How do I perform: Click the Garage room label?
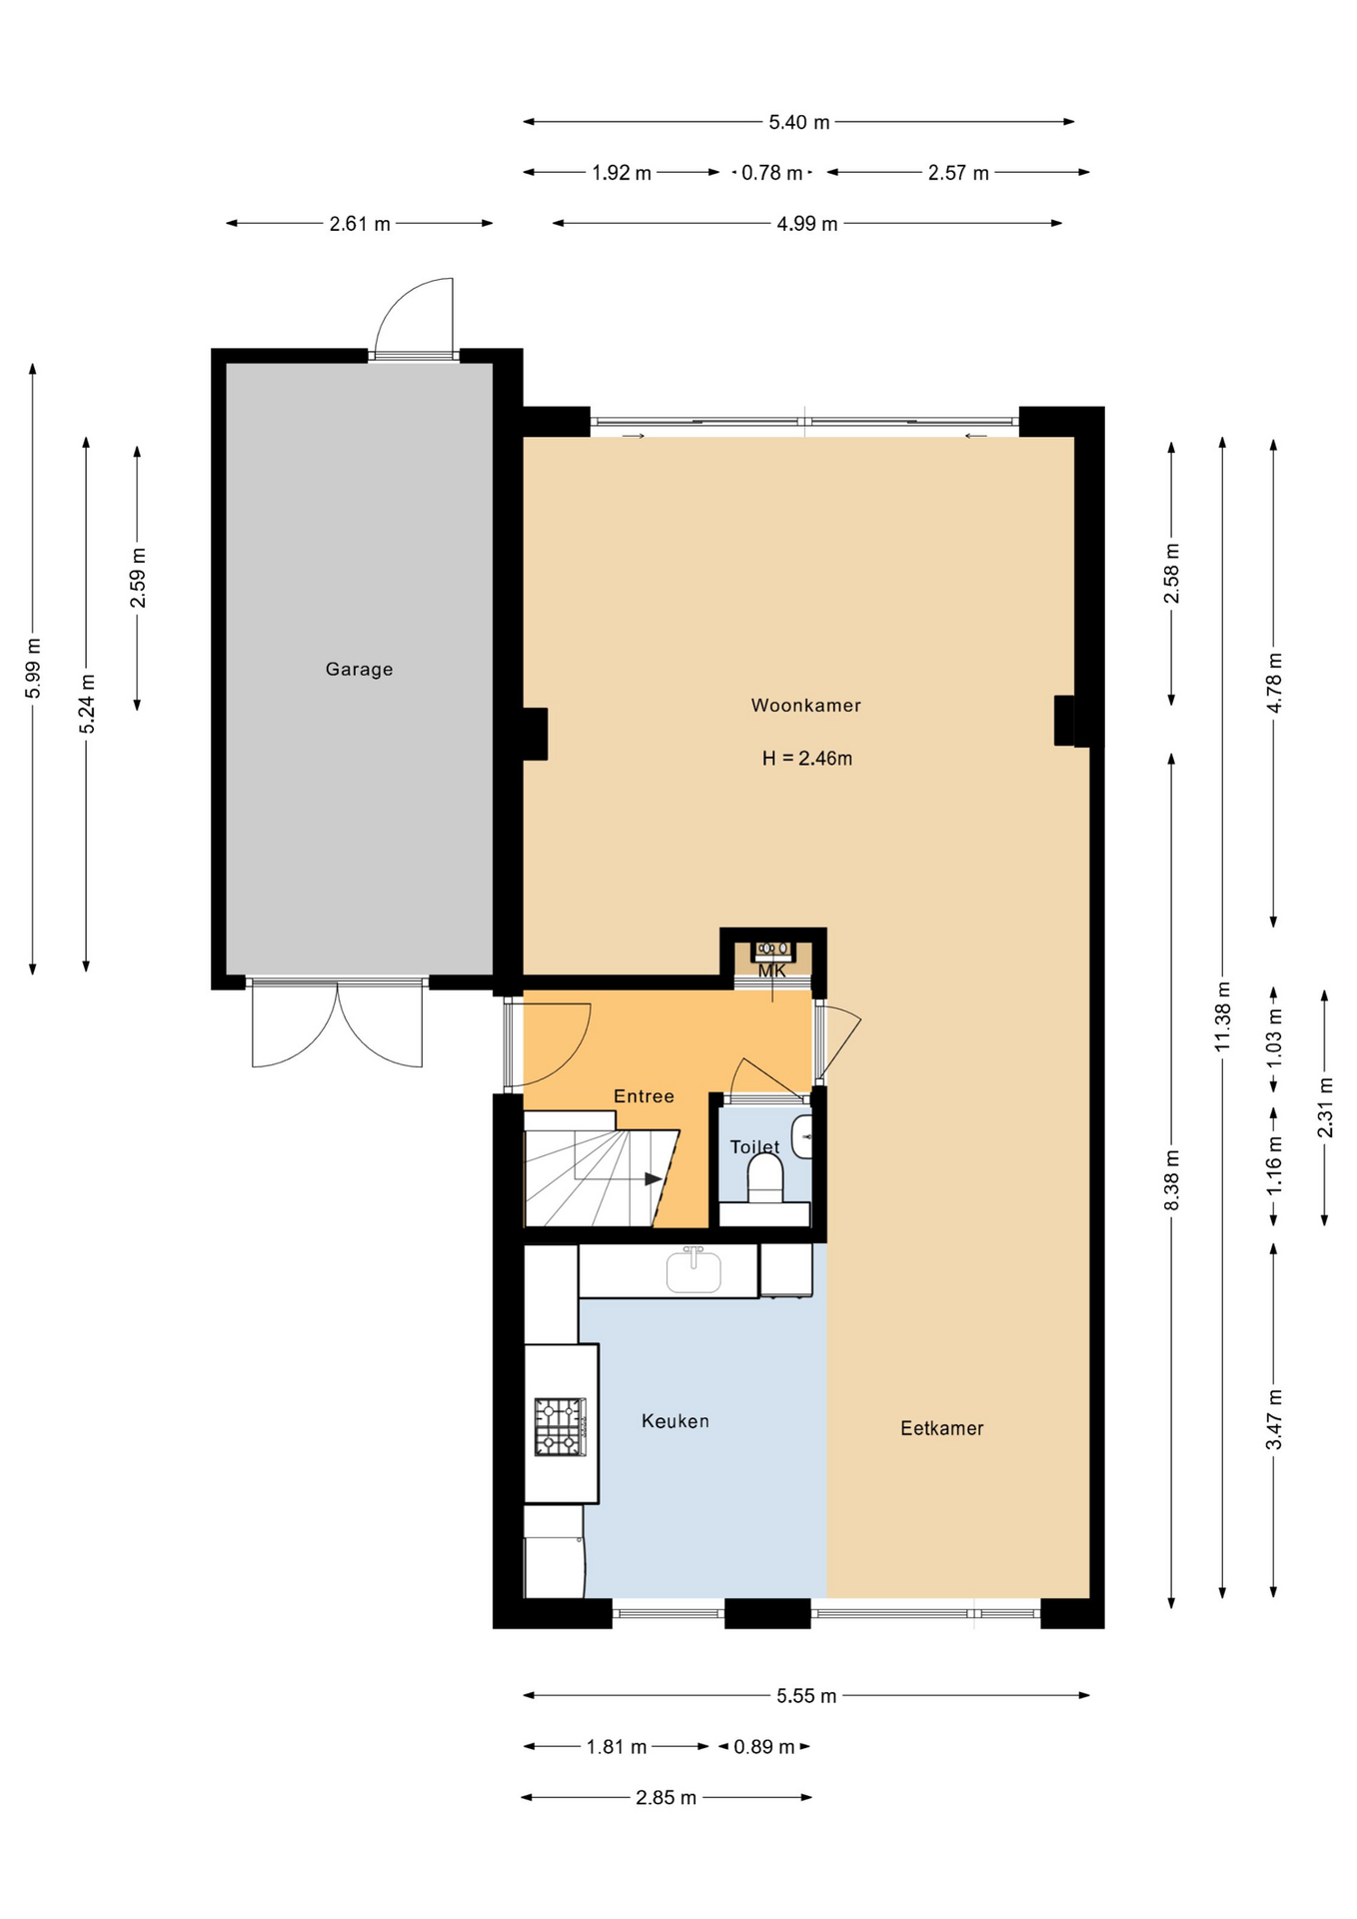point(359,670)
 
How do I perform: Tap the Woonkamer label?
point(806,706)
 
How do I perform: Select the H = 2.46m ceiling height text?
point(807,759)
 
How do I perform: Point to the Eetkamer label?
point(941,1428)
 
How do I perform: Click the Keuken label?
point(676,1421)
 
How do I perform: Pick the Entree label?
point(644,1096)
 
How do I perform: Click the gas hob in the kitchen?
point(560,1426)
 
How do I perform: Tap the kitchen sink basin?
point(693,1272)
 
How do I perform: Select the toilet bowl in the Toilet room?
point(765,1178)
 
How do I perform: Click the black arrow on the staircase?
point(654,1179)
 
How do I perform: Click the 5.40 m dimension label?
point(799,123)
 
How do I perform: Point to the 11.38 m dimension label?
point(1223,1016)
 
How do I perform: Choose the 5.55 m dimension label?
point(806,1696)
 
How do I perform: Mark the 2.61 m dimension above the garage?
point(360,224)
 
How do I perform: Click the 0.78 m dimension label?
point(771,173)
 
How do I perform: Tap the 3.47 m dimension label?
point(1274,1419)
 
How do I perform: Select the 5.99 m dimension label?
point(33,668)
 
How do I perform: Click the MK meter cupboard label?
point(771,971)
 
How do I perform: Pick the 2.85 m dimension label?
point(666,1798)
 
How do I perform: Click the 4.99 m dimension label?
point(807,224)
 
